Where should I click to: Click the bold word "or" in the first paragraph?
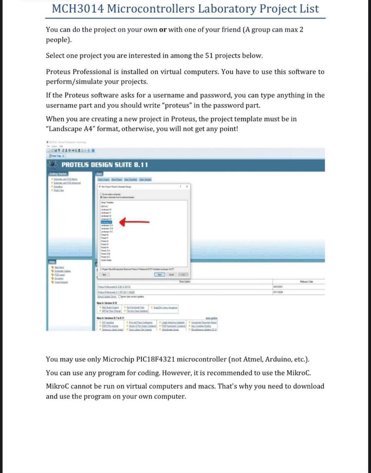tap(163, 30)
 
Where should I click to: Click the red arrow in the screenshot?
tap(134, 222)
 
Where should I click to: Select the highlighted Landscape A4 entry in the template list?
tap(107, 222)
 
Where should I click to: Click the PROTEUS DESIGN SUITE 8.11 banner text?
tap(105, 165)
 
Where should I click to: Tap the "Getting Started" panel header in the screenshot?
tap(58, 174)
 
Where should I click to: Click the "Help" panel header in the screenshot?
tap(53, 262)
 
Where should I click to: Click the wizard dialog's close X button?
tap(187, 186)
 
